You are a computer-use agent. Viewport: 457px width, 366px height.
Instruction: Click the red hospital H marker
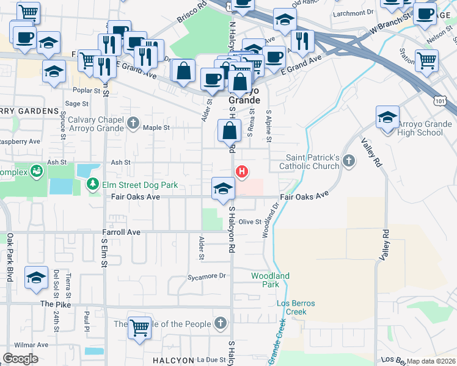tap(242, 171)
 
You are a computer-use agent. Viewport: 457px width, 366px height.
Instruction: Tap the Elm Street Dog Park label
tap(139, 184)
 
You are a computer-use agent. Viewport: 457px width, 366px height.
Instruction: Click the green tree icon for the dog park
tap(93, 184)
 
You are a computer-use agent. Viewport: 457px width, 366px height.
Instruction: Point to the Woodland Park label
tap(270, 280)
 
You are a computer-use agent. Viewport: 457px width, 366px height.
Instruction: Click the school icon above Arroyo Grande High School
tap(387, 117)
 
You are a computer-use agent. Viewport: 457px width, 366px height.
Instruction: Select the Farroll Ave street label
tap(121, 232)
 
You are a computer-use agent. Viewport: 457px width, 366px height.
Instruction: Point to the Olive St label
tap(250, 222)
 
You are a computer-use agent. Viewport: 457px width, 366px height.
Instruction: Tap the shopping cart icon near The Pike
tap(140, 328)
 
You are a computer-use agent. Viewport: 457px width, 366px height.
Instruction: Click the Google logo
tap(20, 359)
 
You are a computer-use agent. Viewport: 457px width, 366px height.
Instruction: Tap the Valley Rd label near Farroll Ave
tap(386, 243)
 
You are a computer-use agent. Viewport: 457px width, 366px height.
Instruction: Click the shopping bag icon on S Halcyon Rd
tap(229, 131)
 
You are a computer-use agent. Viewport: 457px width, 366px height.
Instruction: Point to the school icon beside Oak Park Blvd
tap(36, 278)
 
